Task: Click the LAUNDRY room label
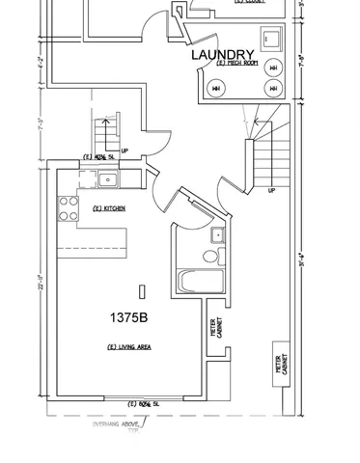click(x=222, y=54)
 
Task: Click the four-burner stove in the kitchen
click(x=68, y=208)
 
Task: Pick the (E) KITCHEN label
click(x=109, y=208)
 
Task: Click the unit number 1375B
click(x=127, y=316)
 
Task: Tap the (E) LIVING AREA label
click(x=127, y=346)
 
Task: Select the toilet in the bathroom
click(x=208, y=257)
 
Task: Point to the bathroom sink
click(x=218, y=234)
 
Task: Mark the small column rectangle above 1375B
click(x=142, y=291)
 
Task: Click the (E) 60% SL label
click(x=143, y=403)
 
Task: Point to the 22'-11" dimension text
click(x=41, y=289)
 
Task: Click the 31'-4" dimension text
click(x=302, y=259)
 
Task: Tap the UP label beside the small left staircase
click(x=125, y=137)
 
